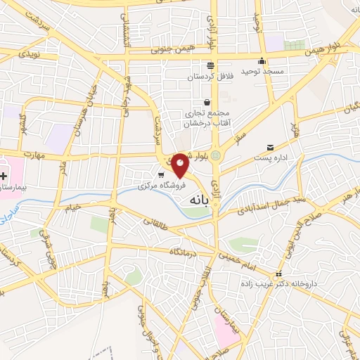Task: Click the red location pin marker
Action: point(181,166)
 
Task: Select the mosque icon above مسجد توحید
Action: point(262,60)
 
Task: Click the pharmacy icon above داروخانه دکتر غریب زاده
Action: point(279,274)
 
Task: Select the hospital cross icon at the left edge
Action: point(3,174)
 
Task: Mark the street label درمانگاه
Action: point(182,250)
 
